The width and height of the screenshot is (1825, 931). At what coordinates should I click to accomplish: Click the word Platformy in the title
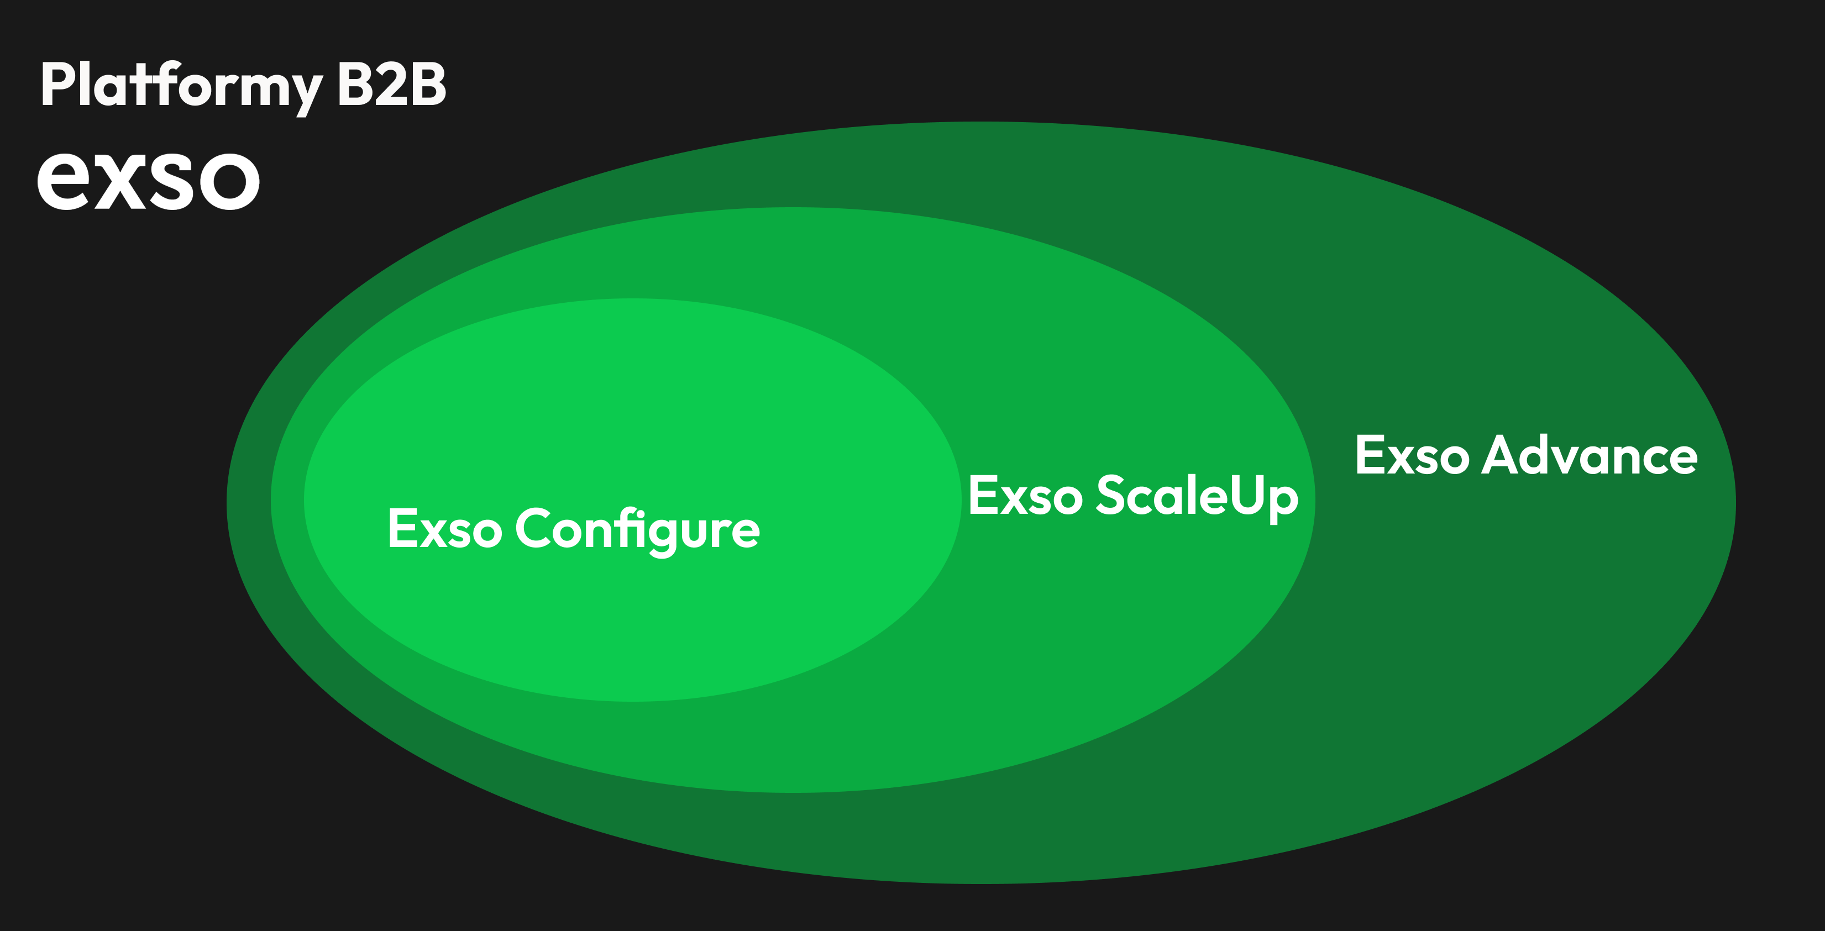tap(181, 85)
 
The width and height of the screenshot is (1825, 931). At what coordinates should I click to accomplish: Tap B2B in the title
tap(391, 85)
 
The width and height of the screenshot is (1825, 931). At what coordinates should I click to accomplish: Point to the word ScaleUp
tap(1197, 496)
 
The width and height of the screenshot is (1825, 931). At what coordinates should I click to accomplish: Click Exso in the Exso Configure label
tap(445, 529)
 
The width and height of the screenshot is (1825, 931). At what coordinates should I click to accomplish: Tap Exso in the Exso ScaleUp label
tap(1025, 496)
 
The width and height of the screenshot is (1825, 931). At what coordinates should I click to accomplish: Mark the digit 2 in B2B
tap(392, 85)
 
